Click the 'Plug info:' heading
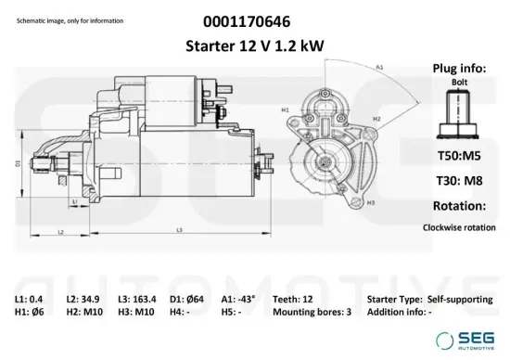click(x=456, y=68)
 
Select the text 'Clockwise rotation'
click(x=458, y=226)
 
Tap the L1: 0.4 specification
click(x=29, y=299)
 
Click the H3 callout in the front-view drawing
click(x=371, y=201)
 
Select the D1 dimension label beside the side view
click(x=18, y=163)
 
